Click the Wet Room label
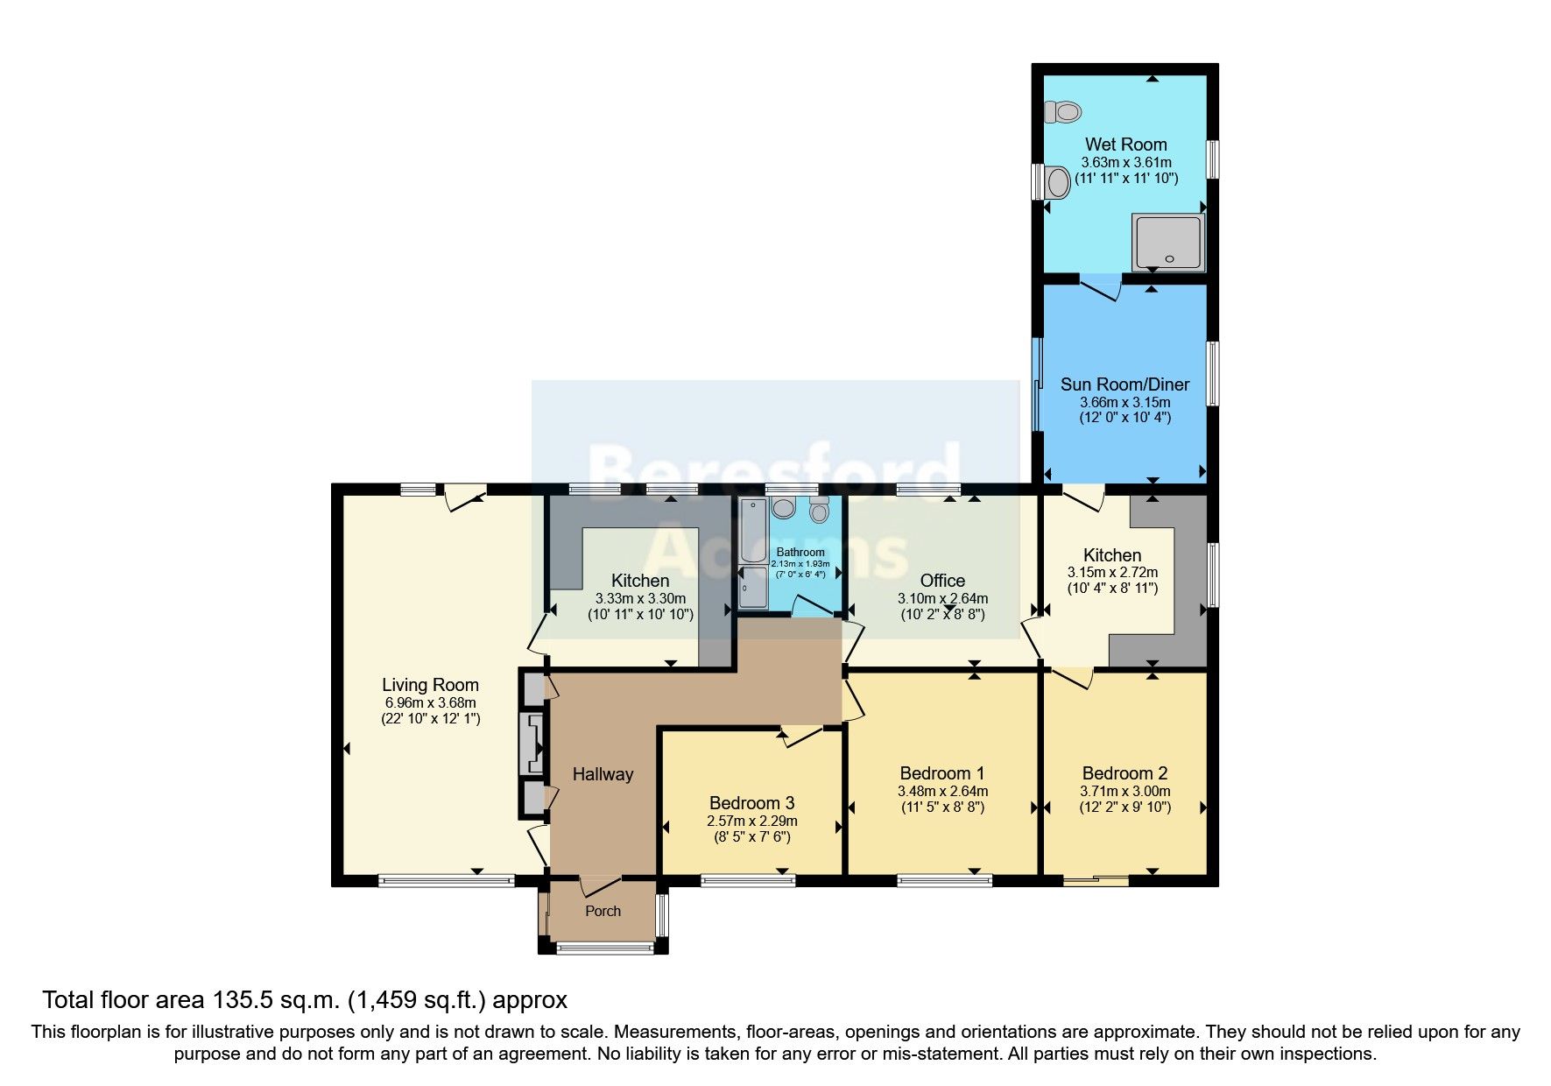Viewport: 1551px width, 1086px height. [1125, 145]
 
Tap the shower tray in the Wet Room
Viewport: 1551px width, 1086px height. [1168, 243]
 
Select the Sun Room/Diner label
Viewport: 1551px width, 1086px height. [1124, 384]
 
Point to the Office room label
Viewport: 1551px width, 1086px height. [942, 581]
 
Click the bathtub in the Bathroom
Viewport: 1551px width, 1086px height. [752, 530]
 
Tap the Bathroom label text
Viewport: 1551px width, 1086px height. [800, 552]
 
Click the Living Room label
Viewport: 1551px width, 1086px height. [430, 685]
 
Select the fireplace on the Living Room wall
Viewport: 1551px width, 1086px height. [531, 744]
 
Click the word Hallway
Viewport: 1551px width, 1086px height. [603, 774]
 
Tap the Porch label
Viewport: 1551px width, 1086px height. [603, 911]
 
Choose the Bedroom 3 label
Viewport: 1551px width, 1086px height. [751, 803]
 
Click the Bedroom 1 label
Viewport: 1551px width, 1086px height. [942, 773]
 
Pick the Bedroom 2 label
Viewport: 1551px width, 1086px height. [1124, 773]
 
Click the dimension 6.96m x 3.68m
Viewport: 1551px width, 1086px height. [430, 702]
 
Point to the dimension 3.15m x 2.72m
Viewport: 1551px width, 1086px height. [1112, 572]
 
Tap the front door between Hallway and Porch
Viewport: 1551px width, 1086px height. [600, 885]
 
